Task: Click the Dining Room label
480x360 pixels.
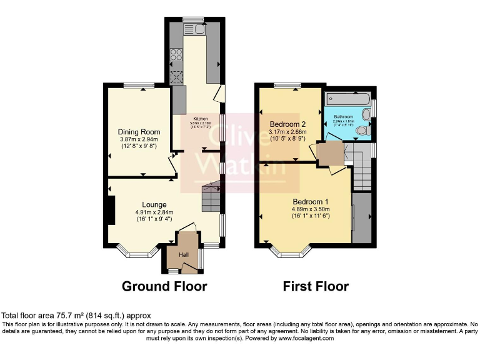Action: (139, 132)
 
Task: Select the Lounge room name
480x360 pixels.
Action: (154, 204)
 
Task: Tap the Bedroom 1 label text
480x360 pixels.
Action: (311, 201)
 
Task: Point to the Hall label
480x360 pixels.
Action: (184, 255)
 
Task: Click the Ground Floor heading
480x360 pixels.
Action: (164, 286)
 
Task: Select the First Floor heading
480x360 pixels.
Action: (316, 286)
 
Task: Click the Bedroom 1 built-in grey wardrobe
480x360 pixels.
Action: (361, 217)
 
